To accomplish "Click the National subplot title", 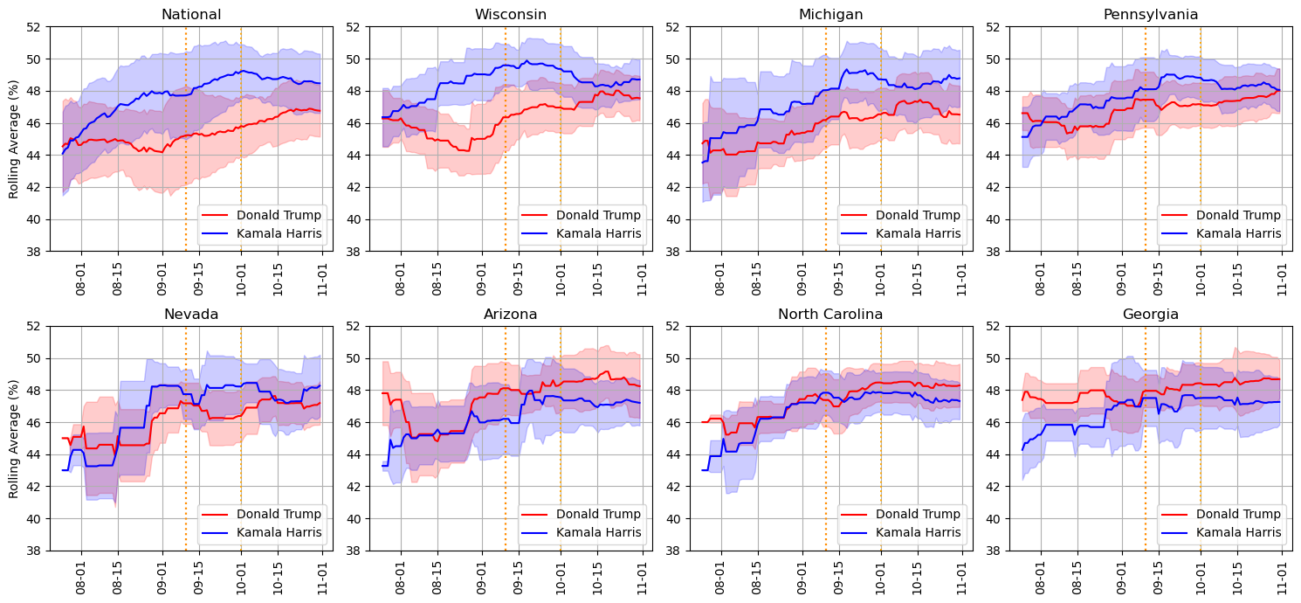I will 191,14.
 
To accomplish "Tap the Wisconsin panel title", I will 511,14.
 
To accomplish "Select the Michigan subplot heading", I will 830,14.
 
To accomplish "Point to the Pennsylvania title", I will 1151,14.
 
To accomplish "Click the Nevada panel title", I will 191,314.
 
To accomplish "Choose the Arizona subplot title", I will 511,314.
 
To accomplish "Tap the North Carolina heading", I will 830,314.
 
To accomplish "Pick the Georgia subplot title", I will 1151,314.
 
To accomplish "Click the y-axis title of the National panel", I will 14,139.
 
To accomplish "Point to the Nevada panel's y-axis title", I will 14,439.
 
